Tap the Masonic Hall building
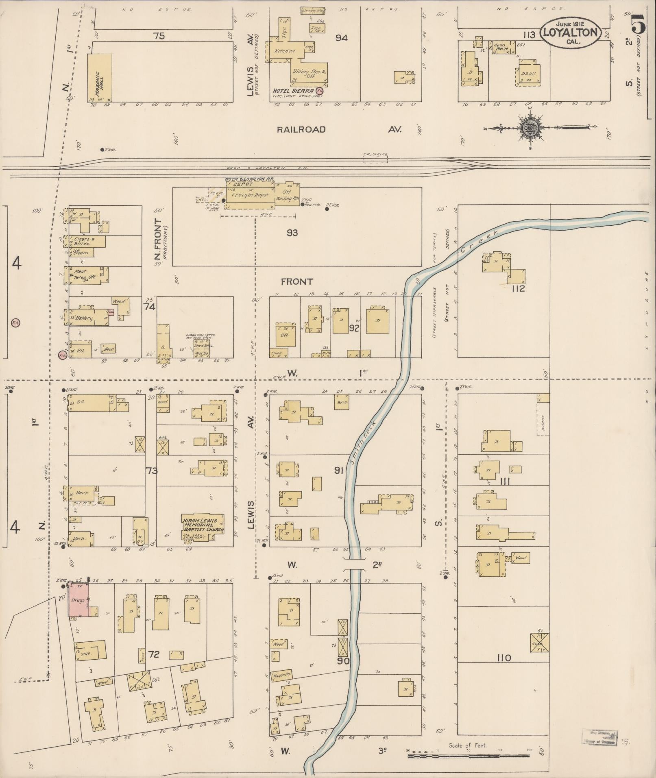pos(100,77)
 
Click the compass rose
pos(530,128)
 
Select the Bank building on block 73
pos(81,493)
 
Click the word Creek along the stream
pos(479,241)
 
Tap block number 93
pos(292,233)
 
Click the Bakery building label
pos(84,318)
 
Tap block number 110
pos(503,658)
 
